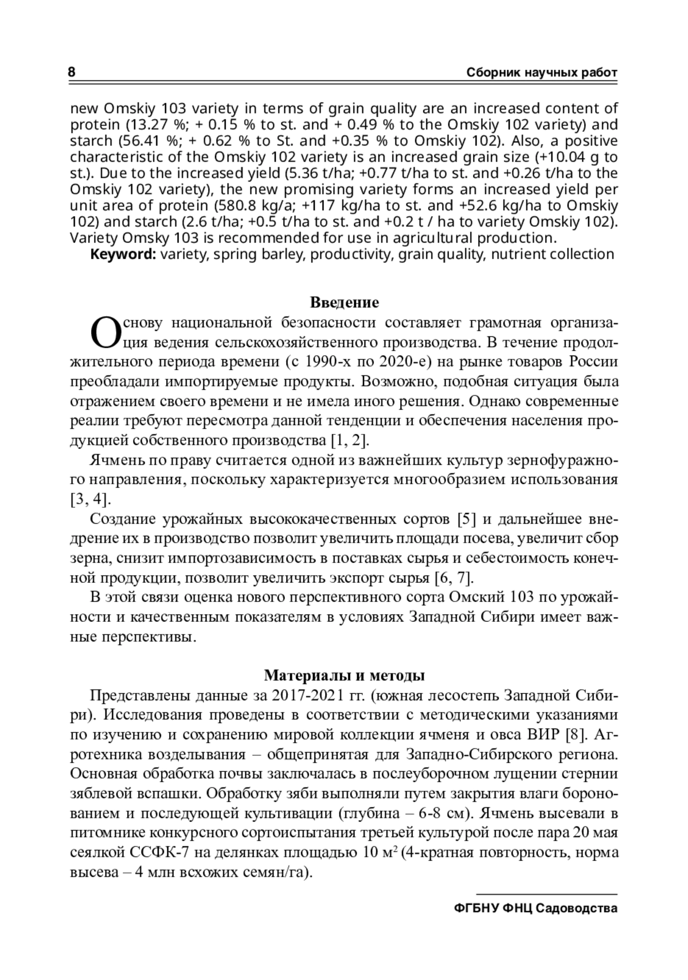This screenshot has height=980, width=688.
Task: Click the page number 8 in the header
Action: click(72, 73)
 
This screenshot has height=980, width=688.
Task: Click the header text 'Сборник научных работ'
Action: click(542, 73)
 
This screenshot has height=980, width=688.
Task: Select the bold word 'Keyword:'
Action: click(123, 254)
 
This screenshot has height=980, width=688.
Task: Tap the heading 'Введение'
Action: click(344, 302)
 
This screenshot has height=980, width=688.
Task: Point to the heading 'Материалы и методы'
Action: click(344, 675)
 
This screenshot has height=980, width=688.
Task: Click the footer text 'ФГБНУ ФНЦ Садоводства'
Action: click(535, 908)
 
